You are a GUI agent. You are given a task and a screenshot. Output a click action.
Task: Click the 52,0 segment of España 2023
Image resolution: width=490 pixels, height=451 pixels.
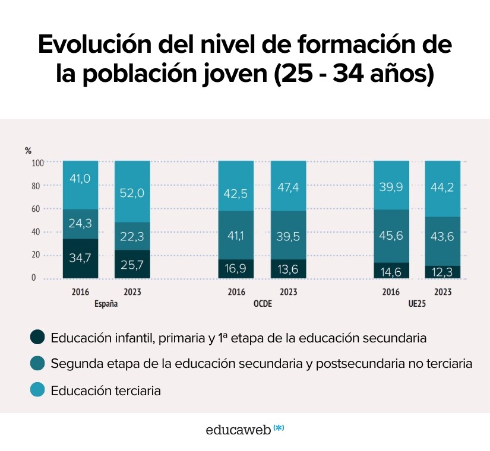coord(132,192)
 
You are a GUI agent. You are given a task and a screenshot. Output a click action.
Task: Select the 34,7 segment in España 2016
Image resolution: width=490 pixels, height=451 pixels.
coord(81,259)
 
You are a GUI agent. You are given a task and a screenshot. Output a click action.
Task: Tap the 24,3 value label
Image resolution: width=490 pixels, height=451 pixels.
coord(81,224)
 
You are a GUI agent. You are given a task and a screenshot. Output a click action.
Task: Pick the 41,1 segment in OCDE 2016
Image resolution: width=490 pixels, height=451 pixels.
coord(236,236)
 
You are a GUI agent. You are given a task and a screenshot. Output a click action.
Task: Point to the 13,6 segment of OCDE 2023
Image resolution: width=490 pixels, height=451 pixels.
coord(288,268)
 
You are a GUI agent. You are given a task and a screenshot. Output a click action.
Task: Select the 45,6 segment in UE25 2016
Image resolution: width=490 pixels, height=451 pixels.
coord(391,236)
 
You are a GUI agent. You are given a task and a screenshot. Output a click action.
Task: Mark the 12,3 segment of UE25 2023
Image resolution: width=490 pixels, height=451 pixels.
coord(442,271)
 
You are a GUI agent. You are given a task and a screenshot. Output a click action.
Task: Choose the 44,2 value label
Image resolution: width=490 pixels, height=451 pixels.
coord(442,188)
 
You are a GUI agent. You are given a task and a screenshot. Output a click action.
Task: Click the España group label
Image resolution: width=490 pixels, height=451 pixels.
coord(106,303)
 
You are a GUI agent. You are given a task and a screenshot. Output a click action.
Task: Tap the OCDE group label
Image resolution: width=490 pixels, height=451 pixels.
coord(262,303)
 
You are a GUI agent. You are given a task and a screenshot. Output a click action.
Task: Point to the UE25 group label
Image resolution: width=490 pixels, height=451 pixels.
coord(416,303)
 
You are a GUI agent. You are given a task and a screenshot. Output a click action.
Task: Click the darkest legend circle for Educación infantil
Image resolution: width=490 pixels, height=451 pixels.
coord(37,338)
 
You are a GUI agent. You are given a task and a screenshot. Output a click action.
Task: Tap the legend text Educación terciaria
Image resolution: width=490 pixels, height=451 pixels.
coord(106,390)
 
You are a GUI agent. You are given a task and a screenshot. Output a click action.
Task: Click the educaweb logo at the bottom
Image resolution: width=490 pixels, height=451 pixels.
coord(244,430)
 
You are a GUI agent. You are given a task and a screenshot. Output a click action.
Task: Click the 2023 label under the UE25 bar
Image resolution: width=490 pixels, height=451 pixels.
coord(442,292)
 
